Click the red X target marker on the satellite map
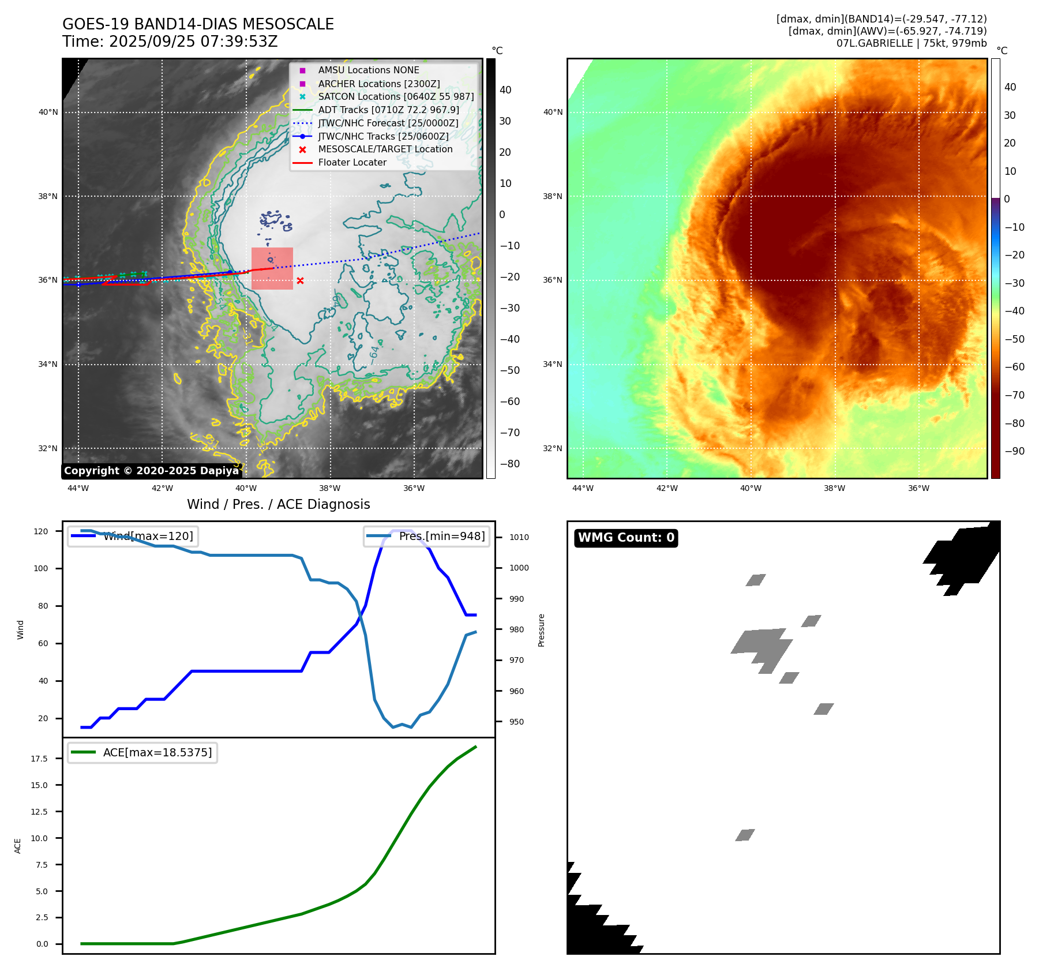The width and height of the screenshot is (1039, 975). pyautogui.click(x=300, y=280)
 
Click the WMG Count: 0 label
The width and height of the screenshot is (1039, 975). pyautogui.click(x=626, y=538)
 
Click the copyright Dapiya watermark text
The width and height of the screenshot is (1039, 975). pyautogui.click(x=151, y=471)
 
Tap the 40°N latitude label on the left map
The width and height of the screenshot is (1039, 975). pyautogui.click(x=48, y=112)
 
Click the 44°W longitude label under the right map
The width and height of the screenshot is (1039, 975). pyautogui.click(x=583, y=488)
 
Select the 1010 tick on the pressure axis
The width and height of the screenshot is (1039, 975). pyautogui.click(x=519, y=537)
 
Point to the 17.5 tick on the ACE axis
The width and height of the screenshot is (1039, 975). pyautogui.click(x=39, y=759)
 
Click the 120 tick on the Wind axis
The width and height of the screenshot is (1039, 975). pyautogui.click(x=41, y=531)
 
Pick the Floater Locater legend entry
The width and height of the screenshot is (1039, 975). pyautogui.click(x=352, y=163)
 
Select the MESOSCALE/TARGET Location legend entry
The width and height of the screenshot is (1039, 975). pyautogui.click(x=385, y=149)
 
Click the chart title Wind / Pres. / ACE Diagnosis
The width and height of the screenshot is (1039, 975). pyautogui.click(x=278, y=504)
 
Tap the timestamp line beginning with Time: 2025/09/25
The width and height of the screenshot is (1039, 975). pyautogui.click(x=170, y=42)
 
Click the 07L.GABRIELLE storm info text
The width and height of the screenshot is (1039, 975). pyautogui.click(x=911, y=43)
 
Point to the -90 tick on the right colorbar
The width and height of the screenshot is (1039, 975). pyautogui.click(x=1014, y=451)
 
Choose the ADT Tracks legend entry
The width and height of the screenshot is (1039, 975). pyautogui.click(x=388, y=110)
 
